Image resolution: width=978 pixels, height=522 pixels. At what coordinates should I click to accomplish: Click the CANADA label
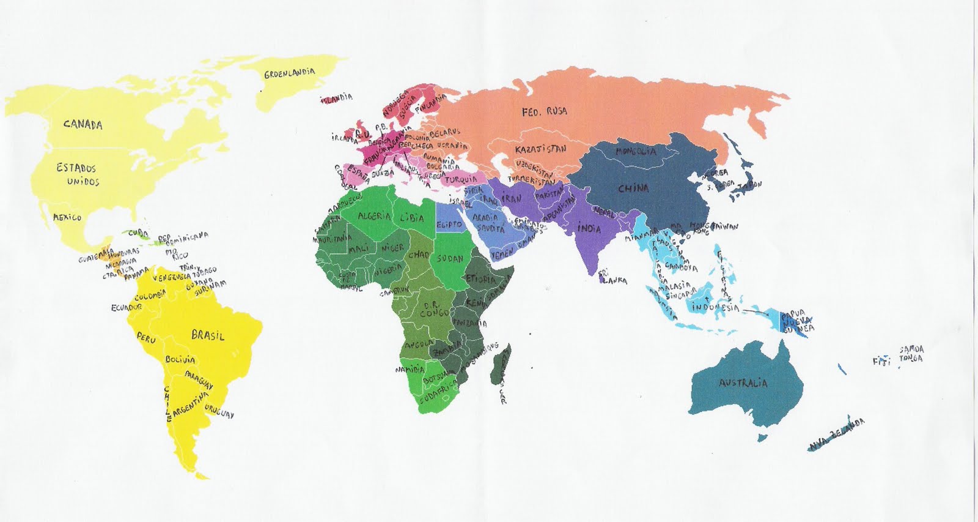83,125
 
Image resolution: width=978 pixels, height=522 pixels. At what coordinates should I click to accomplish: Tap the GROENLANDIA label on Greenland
290,73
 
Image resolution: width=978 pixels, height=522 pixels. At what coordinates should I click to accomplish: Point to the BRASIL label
208,335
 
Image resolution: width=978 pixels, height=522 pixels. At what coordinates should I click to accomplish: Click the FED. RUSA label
544,111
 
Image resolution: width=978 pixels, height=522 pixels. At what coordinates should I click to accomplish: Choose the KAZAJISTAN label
540,149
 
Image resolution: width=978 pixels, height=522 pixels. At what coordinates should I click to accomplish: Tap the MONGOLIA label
636,151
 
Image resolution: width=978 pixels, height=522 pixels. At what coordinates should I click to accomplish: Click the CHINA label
633,188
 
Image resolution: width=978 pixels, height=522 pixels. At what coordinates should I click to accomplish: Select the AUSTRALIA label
743,384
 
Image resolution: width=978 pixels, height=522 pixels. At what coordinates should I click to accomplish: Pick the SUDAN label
450,258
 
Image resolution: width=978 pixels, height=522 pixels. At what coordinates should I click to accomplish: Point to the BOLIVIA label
180,360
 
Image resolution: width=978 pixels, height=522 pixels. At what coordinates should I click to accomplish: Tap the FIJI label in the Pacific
882,361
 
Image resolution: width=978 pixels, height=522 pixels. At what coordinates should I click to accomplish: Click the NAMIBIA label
410,370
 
